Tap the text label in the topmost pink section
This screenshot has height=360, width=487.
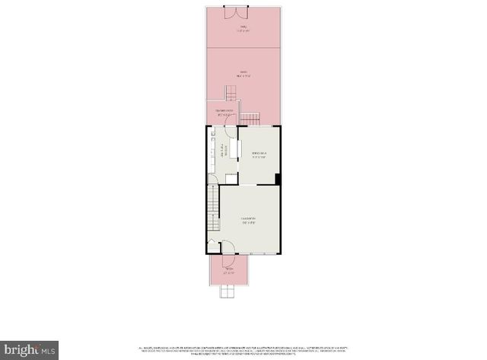pos(243,31)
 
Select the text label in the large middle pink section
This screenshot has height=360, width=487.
pos(243,74)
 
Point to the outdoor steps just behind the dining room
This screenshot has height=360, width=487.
pos(250,118)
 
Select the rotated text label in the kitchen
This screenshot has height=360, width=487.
pos(224,151)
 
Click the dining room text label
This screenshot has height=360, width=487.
pos(259,155)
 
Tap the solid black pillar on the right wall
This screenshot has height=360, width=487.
pos(278,179)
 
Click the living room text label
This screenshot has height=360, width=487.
pos(249,221)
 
